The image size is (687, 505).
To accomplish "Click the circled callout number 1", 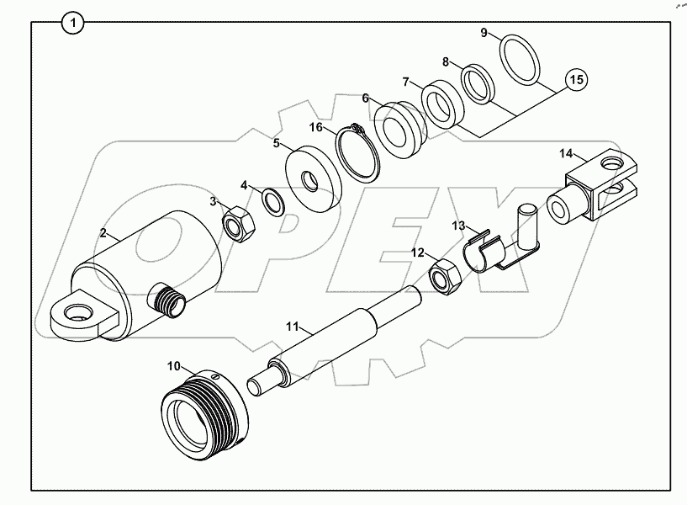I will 73,23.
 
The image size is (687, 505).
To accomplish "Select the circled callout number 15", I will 575,81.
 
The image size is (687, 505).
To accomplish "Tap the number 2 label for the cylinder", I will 103,233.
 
